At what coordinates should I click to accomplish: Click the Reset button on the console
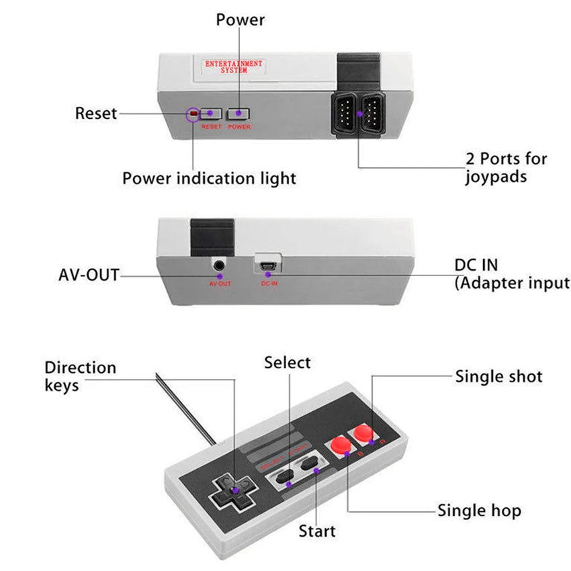coord(211,114)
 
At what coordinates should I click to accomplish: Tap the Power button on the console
coord(238,114)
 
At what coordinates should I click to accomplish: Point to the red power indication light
coord(193,114)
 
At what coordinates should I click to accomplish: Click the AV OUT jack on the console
coord(220,266)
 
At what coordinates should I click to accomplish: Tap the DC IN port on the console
coord(269,265)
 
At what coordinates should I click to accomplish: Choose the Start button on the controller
coord(311,465)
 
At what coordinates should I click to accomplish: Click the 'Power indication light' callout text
coord(209,179)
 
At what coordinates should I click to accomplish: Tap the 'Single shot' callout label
coord(498,376)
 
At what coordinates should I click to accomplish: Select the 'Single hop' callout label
coord(479,511)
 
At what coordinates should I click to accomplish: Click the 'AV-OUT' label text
coord(89,275)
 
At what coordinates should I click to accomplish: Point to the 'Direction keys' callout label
coord(80,376)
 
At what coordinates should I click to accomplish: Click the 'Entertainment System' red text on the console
coord(234,66)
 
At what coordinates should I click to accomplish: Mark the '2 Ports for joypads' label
coord(507,168)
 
